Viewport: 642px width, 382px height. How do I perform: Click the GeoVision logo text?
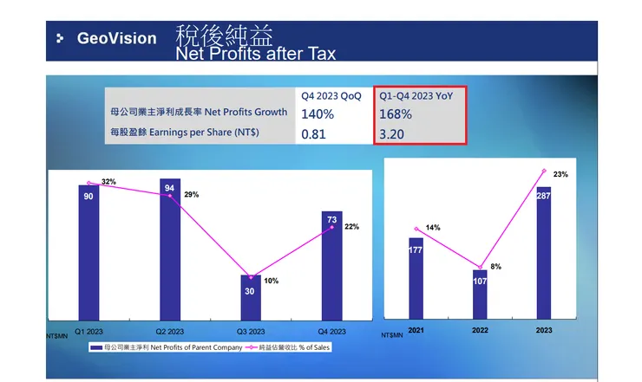pos(116,39)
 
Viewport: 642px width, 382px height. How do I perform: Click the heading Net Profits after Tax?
pos(256,54)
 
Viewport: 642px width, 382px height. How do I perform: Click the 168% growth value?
pos(396,113)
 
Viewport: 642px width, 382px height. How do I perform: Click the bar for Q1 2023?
pos(88,251)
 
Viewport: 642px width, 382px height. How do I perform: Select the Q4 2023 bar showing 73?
pos(332,264)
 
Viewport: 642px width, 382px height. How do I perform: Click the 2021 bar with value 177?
pos(416,277)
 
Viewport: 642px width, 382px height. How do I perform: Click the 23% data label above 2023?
pos(560,175)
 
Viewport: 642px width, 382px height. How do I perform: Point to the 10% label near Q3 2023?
pos(271,282)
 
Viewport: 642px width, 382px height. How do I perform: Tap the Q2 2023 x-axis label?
pos(169,331)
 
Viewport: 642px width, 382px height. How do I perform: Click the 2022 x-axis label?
pos(480,331)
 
